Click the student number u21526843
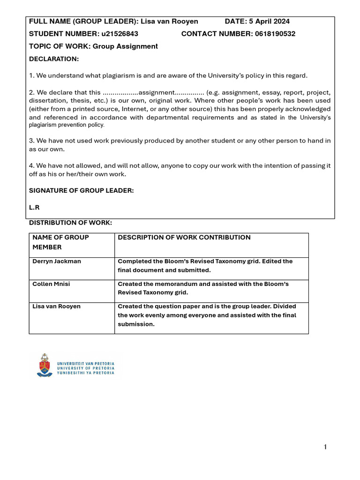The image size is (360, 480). [x=120, y=34]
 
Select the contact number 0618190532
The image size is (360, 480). [x=274, y=34]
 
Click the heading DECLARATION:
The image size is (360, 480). [x=54, y=59]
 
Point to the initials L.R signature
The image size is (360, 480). [x=34, y=207]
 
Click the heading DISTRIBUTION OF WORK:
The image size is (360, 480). [x=70, y=223]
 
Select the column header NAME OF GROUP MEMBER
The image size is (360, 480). [x=60, y=242]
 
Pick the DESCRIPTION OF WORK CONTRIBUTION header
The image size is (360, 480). [x=184, y=238]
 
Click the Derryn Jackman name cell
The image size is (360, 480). [x=56, y=262]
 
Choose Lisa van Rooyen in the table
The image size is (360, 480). [x=56, y=307]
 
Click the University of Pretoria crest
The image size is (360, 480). [x=45, y=366]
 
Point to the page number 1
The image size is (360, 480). [x=325, y=447]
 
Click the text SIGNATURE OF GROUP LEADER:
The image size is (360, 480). [x=82, y=190]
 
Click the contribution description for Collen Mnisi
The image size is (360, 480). [x=203, y=288]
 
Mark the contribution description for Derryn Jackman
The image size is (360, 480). [x=205, y=266]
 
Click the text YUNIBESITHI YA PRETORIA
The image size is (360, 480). [x=85, y=373]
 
